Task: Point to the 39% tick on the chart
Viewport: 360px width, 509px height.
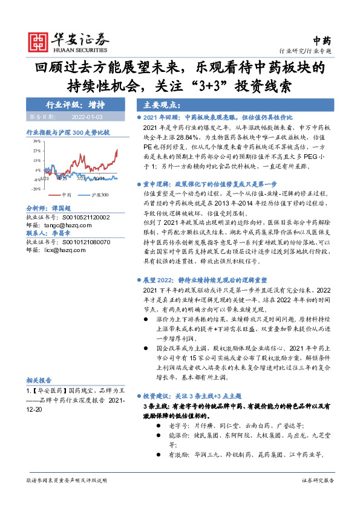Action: [36, 140]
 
